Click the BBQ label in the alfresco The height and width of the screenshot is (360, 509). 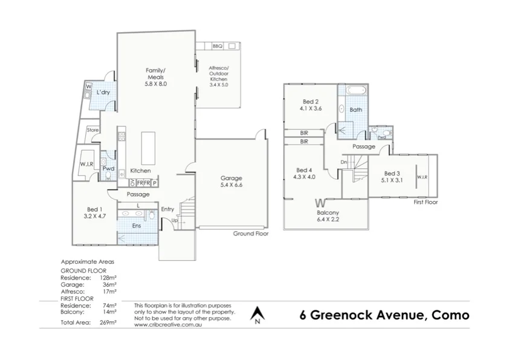(218, 46)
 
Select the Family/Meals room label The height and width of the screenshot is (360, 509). (155, 77)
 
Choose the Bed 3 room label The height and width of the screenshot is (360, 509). (392, 177)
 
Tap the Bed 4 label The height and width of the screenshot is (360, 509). (304, 173)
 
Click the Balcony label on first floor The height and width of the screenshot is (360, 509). (328, 215)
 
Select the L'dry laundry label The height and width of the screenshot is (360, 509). (103, 93)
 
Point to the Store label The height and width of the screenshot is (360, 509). (92, 130)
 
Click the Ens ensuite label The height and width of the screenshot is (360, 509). (137, 226)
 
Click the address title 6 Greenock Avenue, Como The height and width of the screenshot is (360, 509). (384, 315)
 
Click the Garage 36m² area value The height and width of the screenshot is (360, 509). (109, 284)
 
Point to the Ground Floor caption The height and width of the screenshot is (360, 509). (250, 233)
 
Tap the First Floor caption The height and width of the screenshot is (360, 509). (425, 202)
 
